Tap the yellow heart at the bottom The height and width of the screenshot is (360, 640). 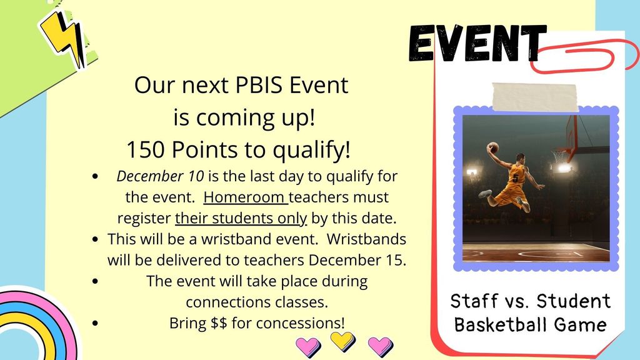(342, 341)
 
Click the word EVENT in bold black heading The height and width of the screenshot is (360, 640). (477, 43)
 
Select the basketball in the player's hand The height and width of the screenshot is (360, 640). (494, 147)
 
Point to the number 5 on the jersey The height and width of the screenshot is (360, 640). (516, 178)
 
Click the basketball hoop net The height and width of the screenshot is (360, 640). (559, 156)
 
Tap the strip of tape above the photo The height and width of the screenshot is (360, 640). (535, 97)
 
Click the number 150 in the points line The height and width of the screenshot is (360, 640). (146, 149)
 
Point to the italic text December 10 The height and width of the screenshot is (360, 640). (160, 176)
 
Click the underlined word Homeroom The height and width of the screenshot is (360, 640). (244, 197)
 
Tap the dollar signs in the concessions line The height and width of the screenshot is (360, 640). (219, 323)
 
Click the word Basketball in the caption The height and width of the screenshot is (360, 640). (500, 325)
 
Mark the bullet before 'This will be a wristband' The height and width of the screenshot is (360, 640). (96, 239)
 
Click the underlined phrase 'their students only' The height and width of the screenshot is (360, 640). (241, 218)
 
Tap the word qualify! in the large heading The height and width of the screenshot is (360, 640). (311, 150)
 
